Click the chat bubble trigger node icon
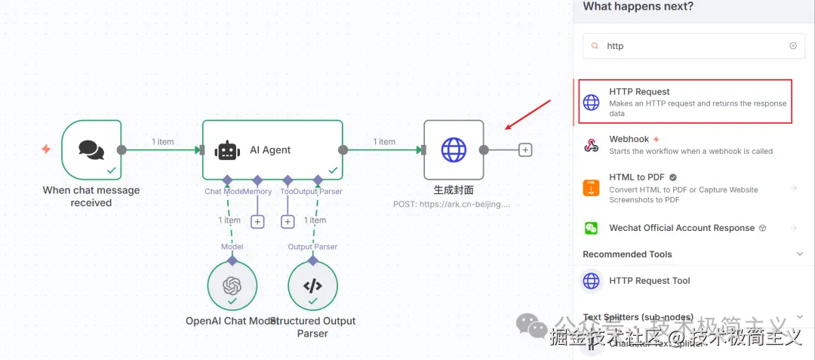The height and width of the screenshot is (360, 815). (x=91, y=149)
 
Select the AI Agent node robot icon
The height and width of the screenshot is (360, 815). (x=227, y=150)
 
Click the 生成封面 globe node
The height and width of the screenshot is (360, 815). (x=454, y=149)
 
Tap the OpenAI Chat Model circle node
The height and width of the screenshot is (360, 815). (x=232, y=286)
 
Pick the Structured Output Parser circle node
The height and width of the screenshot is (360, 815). (x=312, y=286)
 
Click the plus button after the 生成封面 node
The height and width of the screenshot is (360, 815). (x=526, y=149)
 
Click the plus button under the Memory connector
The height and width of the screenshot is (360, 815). (x=257, y=221)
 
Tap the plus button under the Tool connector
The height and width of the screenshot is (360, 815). (x=288, y=221)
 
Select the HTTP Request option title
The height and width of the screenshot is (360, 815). (x=639, y=91)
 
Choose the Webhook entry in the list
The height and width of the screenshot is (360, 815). (x=629, y=140)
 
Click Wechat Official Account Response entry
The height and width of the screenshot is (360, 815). (x=681, y=228)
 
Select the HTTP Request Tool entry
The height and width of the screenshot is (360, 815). (x=649, y=281)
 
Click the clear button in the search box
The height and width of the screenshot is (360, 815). (x=792, y=46)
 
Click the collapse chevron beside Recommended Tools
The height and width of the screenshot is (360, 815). (x=800, y=254)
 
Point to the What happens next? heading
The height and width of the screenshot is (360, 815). (x=638, y=7)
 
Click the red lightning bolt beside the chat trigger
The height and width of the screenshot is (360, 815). (x=46, y=149)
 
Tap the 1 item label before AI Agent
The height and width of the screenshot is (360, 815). (x=163, y=142)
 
